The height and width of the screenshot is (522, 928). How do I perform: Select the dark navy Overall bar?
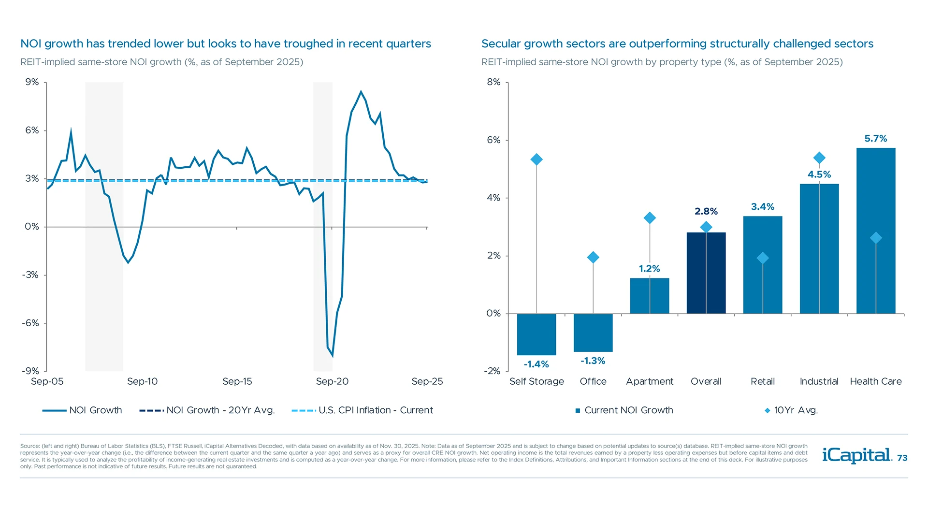pyautogui.click(x=706, y=273)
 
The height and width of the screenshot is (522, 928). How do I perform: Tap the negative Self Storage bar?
pyautogui.click(x=536, y=334)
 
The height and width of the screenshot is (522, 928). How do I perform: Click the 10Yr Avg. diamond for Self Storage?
pyautogui.click(x=536, y=159)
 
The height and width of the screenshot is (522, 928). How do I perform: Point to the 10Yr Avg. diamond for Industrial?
pyautogui.click(x=819, y=158)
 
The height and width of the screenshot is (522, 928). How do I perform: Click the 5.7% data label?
pyautogui.click(x=875, y=139)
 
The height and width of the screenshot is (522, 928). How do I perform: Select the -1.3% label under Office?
pyautogui.click(x=593, y=361)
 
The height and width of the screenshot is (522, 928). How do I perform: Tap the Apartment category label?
pyautogui.click(x=649, y=381)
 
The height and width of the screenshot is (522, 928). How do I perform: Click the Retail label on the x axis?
pyautogui.click(x=762, y=381)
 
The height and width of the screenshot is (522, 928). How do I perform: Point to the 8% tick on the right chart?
pyautogui.click(x=493, y=82)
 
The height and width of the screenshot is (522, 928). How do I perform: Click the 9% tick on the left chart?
pyautogui.click(x=32, y=82)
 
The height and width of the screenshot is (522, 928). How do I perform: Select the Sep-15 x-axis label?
pyautogui.click(x=237, y=381)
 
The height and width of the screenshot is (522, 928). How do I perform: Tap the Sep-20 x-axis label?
pyautogui.click(x=332, y=381)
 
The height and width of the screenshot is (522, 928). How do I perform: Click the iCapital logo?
pyautogui.click(x=856, y=455)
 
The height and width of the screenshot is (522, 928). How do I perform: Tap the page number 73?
pyautogui.click(x=902, y=458)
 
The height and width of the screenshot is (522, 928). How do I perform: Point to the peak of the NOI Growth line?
pyautogui.click(x=361, y=91)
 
